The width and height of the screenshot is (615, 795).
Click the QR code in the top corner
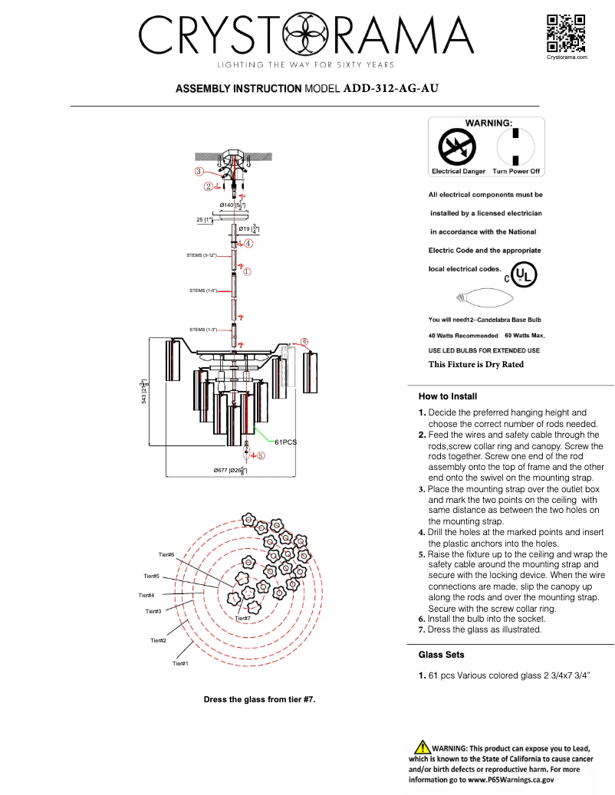tap(567, 33)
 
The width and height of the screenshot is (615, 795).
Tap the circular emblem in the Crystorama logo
tap(304, 34)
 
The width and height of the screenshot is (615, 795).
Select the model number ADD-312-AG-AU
tap(391, 88)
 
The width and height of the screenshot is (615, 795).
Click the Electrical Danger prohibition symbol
tap(457, 146)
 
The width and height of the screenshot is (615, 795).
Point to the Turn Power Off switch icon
tap(516, 146)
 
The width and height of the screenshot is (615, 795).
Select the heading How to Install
tap(448, 396)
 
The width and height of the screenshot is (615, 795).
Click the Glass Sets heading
tap(441, 655)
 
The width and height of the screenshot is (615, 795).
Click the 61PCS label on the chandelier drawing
tap(285, 442)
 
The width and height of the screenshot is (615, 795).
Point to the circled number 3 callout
tap(199, 172)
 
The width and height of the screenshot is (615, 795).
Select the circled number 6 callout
tap(304, 341)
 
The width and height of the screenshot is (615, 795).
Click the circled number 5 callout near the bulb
tap(261, 455)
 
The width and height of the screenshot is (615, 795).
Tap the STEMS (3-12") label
tap(202, 255)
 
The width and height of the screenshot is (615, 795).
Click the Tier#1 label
tap(180, 663)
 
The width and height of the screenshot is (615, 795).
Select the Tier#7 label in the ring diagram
tap(242, 618)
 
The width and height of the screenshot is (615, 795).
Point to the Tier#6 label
tap(166, 554)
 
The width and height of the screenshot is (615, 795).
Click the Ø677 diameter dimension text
tap(230, 470)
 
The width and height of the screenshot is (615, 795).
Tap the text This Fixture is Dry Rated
tap(475, 364)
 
